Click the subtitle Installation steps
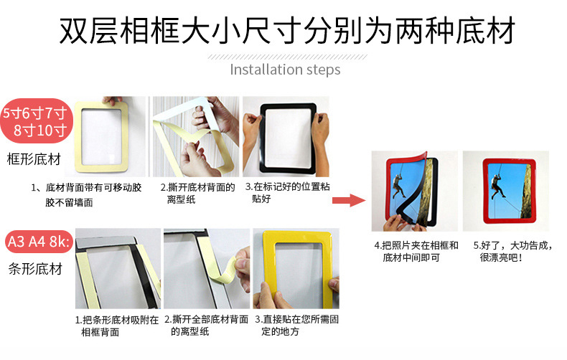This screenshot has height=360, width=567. pos(285,70)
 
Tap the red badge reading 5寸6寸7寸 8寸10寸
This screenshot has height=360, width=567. pos(35,122)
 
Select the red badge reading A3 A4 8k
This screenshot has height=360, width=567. pos(37,242)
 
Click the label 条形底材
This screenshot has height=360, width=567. pos(34,270)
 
